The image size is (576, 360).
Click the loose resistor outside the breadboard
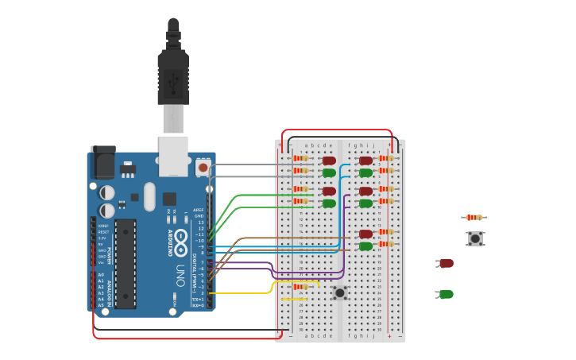point(474,217)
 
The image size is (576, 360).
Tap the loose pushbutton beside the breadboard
point(475,238)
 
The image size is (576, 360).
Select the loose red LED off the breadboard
point(446,263)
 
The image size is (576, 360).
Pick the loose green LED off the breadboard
point(446,294)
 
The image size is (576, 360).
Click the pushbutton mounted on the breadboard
point(340,292)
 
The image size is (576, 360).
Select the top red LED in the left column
point(329,161)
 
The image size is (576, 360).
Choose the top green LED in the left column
point(329,172)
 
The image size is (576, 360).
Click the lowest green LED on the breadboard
point(365,246)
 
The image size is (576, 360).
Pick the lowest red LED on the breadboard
point(365,234)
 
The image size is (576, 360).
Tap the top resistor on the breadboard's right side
point(386,158)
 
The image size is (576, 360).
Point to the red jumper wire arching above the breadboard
point(338,130)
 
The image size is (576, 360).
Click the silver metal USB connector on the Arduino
point(173,155)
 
